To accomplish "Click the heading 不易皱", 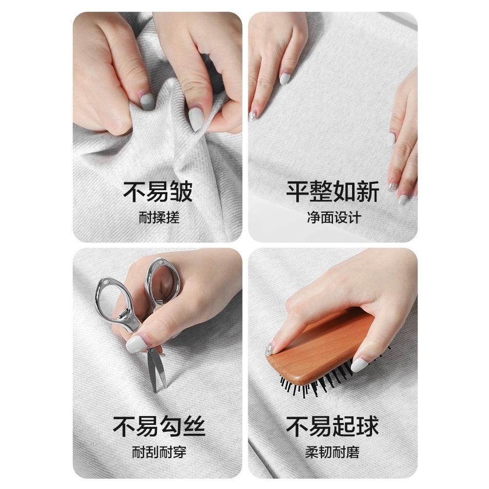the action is point(158,192).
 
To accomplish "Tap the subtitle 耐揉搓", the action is point(159,218).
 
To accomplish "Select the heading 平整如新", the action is point(333,192).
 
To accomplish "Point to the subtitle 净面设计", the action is point(334,218).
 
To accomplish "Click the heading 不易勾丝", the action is point(159,426).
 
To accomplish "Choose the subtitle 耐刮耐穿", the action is point(159,452).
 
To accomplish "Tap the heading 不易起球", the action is point(333,426).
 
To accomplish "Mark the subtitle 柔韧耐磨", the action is point(333,452).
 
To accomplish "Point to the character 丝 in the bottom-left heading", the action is point(194,426).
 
